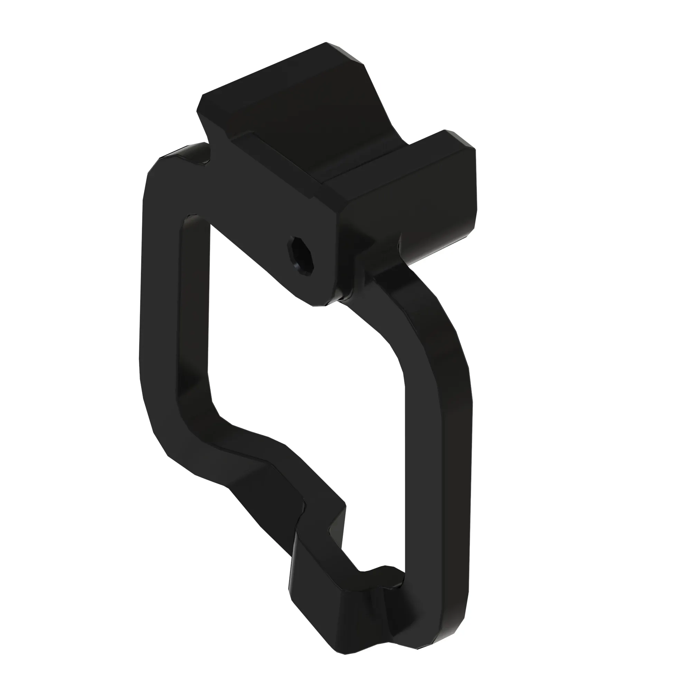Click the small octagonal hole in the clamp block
click(x=301, y=255)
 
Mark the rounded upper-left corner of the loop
click(x=161, y=168)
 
